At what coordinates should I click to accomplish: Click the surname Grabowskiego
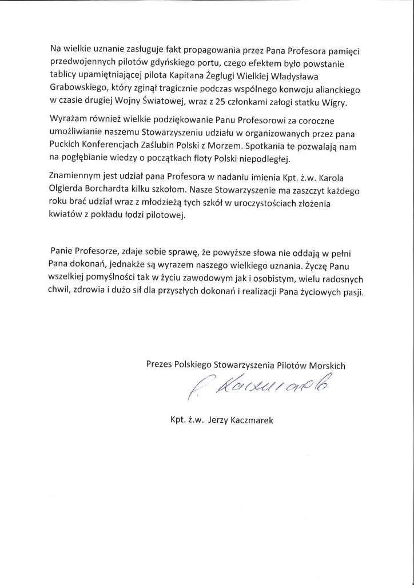point(78,90)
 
